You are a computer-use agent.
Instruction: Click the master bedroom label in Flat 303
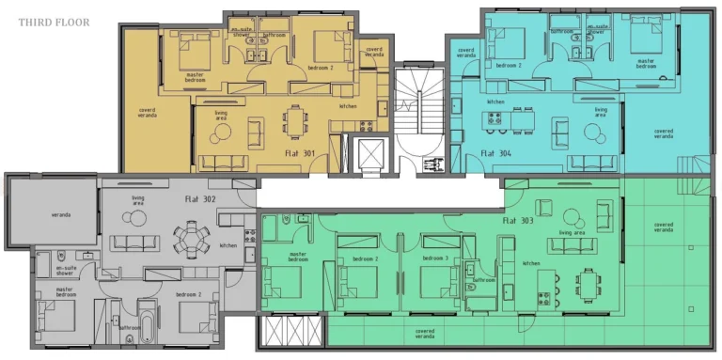click(x=298, y=256)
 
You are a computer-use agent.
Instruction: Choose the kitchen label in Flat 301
click(x=348, y=106)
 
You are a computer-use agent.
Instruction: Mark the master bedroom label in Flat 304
click(x=646, y=64)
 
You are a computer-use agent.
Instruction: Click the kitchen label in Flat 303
click(x=531, y=263)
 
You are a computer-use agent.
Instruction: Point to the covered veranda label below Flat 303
click(x=425, y=332)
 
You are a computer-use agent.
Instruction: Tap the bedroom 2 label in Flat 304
click(x=508, y=66)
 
